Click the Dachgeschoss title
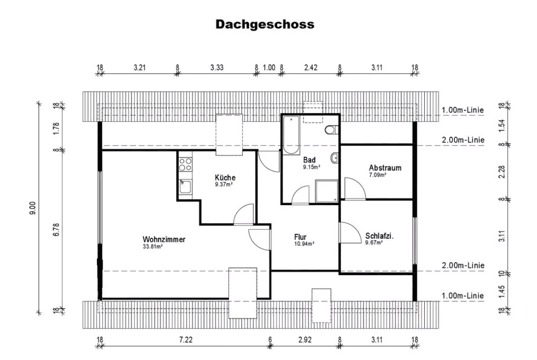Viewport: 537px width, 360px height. pos(265,25)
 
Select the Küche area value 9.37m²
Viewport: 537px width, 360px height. pos(223,184)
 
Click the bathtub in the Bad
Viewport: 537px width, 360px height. pos(291,134)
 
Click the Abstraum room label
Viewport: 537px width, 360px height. pos(385,168)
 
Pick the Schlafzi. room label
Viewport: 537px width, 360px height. pos(380,236)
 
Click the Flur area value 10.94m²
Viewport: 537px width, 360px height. pos(304,243)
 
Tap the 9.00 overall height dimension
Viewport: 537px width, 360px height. pos(32,208)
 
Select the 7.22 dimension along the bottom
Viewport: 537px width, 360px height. pos(185,340)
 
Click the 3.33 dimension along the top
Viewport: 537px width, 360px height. pos(216,68)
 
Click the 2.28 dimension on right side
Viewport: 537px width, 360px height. pos(501,172)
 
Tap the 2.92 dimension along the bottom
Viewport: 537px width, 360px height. pos(304,340)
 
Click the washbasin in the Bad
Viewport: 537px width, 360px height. pos(335,157)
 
